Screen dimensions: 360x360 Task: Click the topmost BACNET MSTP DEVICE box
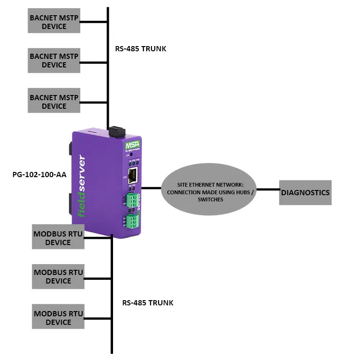point(54,22)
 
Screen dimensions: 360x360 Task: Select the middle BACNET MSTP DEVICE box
point(54,60)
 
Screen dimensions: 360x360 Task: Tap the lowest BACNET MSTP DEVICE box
point(54,101)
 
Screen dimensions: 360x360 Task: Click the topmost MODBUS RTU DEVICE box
point(58,237)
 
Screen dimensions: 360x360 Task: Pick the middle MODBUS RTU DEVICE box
point(58,276)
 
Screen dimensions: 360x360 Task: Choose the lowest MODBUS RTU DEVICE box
point(58,317)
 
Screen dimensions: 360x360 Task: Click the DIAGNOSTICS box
point(305,193)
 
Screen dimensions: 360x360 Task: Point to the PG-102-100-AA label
point(39,174)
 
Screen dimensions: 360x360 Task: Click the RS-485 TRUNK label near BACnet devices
point(141,48)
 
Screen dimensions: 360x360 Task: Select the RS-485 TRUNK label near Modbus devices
point(148,303)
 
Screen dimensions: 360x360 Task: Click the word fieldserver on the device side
point(82,187)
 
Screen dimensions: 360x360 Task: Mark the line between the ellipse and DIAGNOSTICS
point(268,190)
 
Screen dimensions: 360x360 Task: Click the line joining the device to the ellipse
point(152,188)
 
